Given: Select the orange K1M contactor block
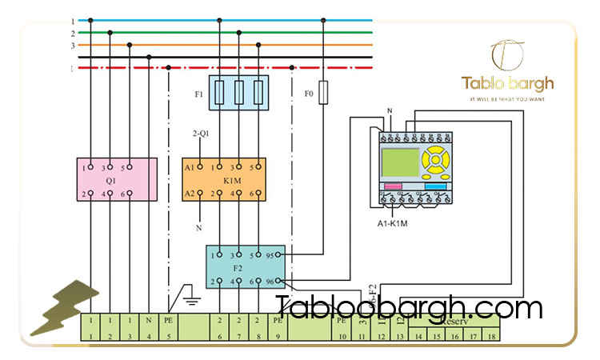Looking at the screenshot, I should [x=224, y=179].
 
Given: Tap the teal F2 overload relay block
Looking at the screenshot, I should [x=245, y=267].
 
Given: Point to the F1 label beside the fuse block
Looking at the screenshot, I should [x=199, y=94].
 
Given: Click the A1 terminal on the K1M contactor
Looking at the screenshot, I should [x=190, y=167].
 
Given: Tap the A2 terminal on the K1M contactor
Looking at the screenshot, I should [x=190, y=193].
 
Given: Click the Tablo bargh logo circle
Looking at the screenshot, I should [x=507, y=54].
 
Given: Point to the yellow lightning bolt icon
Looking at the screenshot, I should [x=64, y=308].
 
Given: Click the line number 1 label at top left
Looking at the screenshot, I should [x=73, y=21].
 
